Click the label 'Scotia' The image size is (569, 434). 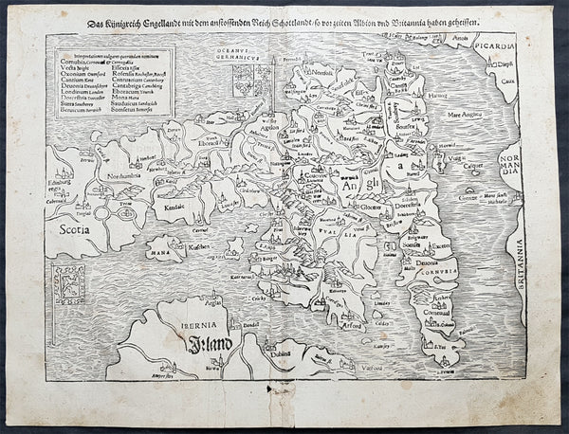(x=74, y=228)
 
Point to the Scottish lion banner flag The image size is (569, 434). (x=69, y=285)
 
